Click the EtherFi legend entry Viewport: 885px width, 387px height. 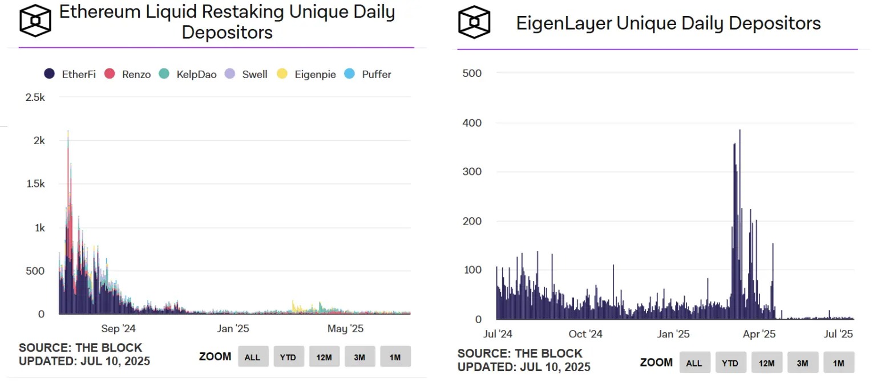[70, 74]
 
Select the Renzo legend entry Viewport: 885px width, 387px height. [128, 74]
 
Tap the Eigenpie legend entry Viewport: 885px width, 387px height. [306, 74]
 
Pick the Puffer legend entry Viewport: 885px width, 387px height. [369, 74]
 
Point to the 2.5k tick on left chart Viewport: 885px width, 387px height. [35, 97]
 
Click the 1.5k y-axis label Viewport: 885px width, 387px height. [34, 184]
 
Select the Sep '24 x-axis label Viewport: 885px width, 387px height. [118, 329]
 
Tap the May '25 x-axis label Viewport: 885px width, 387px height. [345, 329]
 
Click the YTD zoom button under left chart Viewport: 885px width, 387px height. [288, 357]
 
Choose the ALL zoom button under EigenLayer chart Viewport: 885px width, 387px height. [694, 362]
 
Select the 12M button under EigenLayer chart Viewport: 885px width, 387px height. [766, 362]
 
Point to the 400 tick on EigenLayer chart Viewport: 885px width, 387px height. [472, 123]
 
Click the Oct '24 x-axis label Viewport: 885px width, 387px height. [585, 334]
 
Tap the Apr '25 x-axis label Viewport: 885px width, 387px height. [759, 334]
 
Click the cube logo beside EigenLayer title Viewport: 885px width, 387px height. [474, 23]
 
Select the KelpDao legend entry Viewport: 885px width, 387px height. [189, 74]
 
